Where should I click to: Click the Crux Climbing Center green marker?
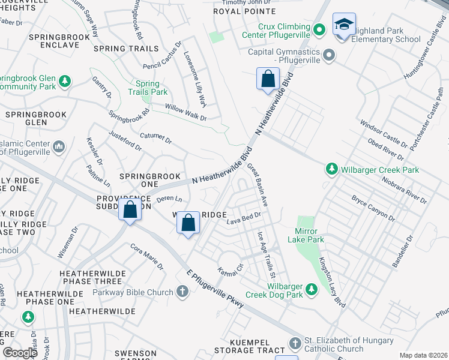click(x=320, y=28)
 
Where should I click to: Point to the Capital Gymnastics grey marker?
click(x=328, y=56)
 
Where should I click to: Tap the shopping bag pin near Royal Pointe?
click(x=267, y=79)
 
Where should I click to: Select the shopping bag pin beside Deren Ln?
click(x=188, y=223)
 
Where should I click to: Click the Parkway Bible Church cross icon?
click(x=182, y=292)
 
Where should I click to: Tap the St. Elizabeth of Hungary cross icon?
click(x=294, y=344)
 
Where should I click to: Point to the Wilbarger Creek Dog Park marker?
click(x=311, y=290)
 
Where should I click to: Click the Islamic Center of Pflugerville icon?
click(x=59, y=146)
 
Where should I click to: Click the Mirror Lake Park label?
click(x=309, y=235)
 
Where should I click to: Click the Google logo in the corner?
click(x=20, y=353)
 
